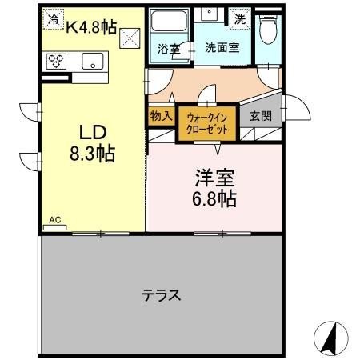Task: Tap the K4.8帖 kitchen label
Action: click(90, 26)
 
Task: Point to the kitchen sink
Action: click(92, 61)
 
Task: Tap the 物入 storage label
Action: click(160, 116)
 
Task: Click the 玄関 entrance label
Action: click(260, 116)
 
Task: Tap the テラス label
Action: click(161, 294)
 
